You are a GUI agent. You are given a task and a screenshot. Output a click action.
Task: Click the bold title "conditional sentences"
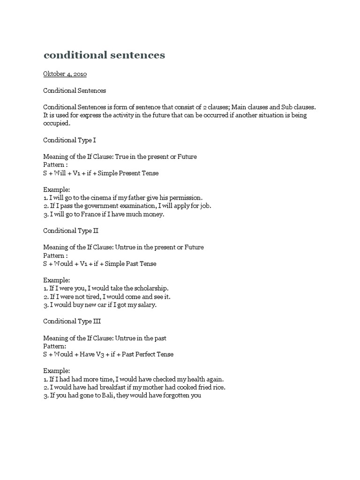tap(104, 55)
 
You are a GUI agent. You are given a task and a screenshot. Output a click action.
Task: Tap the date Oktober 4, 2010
tap(65, 74)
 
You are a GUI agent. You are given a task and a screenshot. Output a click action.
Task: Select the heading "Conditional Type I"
tap(70, 140)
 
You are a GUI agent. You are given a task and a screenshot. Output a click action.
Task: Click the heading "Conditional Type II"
tap(71, 231)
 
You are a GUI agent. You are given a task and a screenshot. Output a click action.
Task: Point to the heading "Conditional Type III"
tap(72, 321)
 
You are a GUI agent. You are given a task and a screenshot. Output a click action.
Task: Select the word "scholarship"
tap(150, 288)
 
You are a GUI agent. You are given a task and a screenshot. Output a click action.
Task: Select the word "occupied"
tap(56, 124)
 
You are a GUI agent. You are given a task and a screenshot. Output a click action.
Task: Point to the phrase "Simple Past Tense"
tap(130, 263)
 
